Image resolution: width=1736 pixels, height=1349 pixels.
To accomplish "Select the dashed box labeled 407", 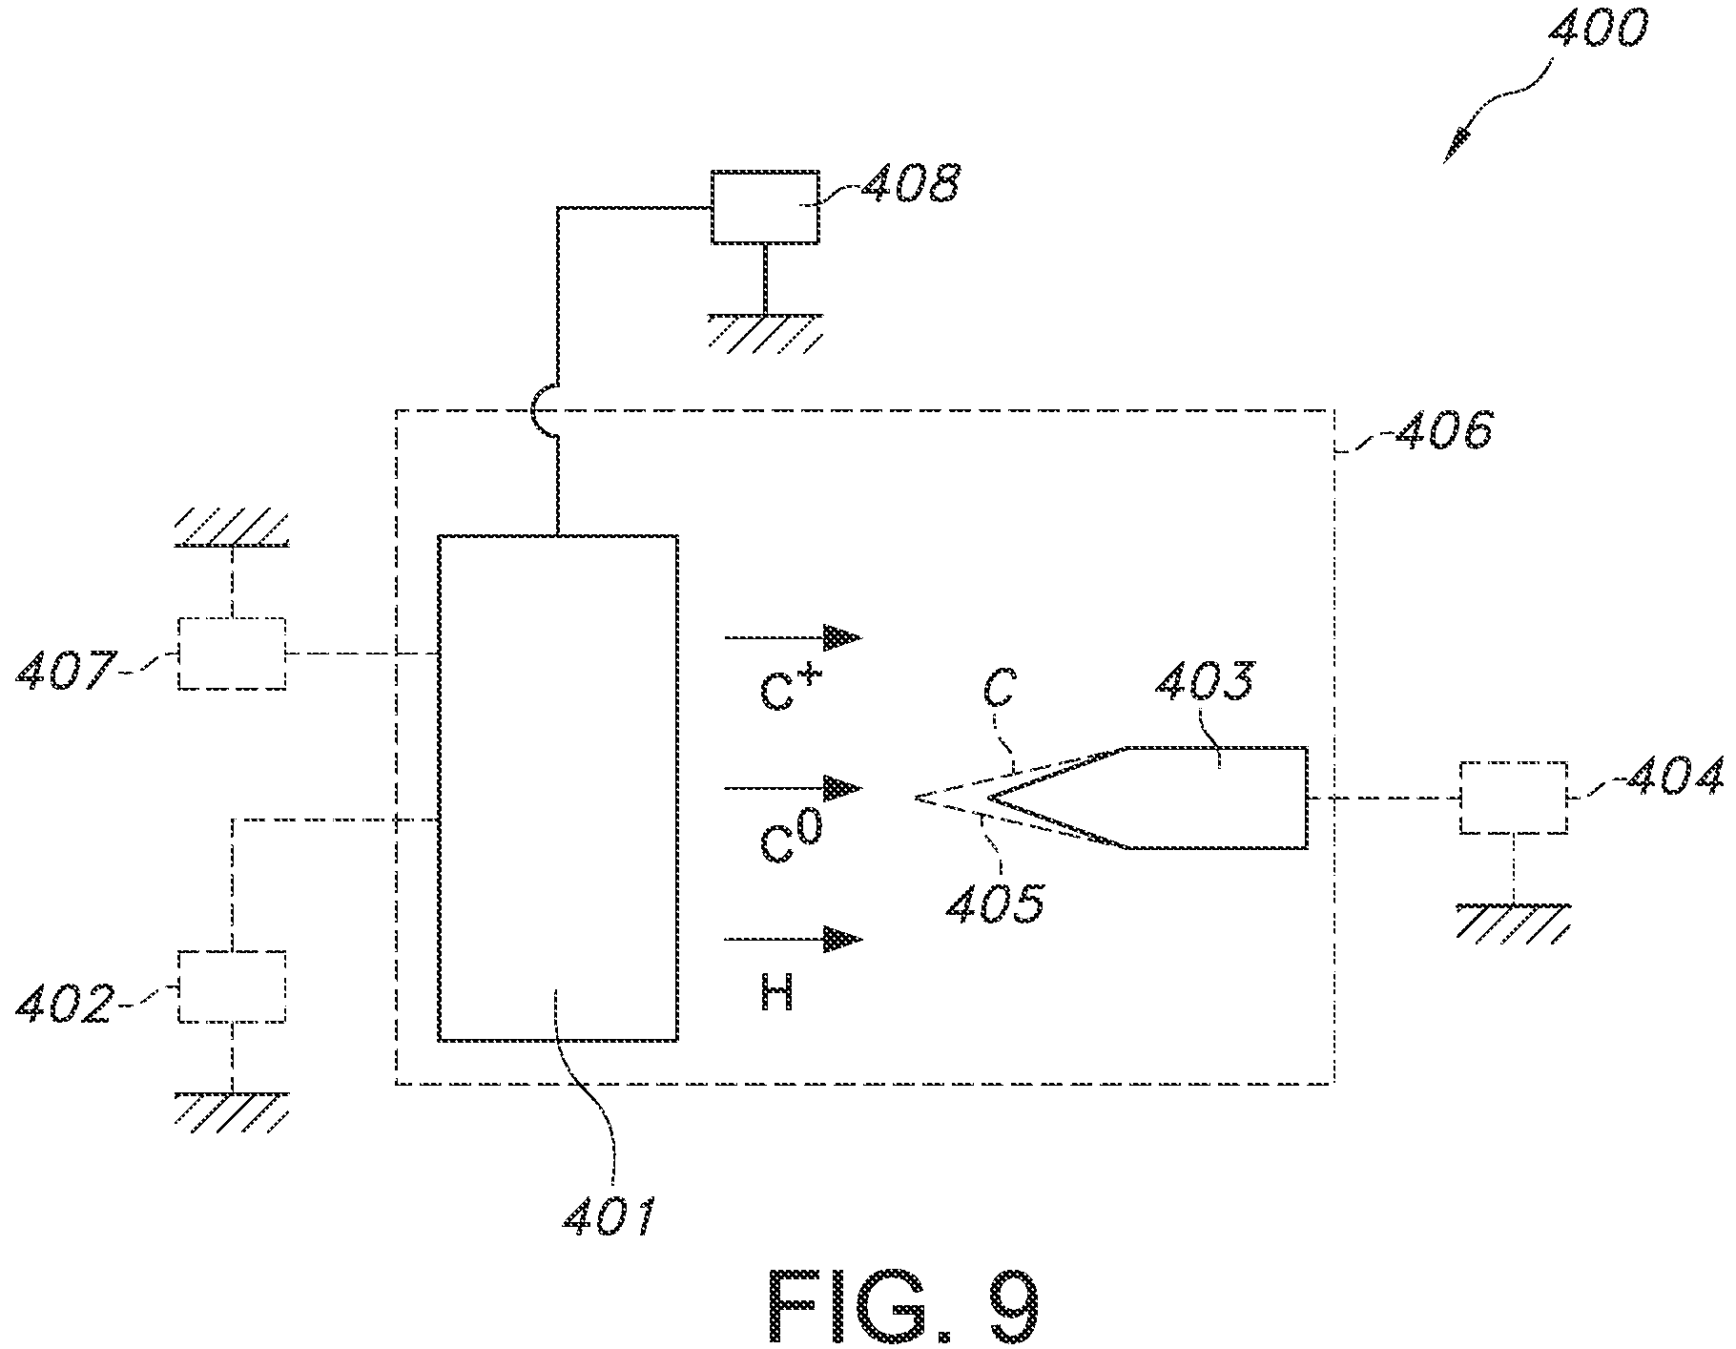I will tap(232, 654).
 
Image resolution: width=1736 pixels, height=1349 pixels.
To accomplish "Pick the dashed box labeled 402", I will tap(232, 986).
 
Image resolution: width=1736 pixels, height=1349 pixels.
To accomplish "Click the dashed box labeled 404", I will tap(1513, 798).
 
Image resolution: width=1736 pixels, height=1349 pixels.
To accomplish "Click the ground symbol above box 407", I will tap(232, 527).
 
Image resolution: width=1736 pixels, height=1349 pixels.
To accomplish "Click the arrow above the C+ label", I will tap(794, 636).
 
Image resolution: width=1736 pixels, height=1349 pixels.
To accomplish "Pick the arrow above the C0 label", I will tap(794, 788).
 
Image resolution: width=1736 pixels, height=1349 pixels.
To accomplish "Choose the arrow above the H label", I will tap(794, 940).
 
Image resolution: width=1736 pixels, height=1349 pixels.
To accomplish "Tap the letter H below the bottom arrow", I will tap(777, 995).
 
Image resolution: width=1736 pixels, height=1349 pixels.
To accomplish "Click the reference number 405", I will tap(996, 901).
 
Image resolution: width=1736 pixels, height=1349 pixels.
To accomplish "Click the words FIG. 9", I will tap(900, 1306).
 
